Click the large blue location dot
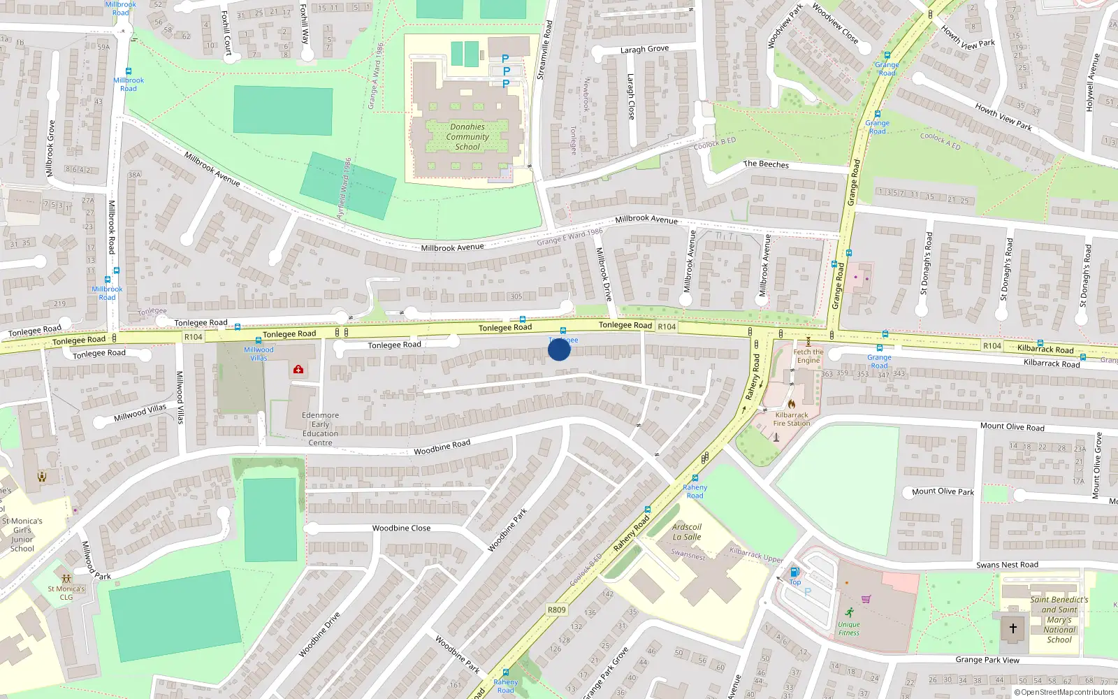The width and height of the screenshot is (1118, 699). (x=559, y=349)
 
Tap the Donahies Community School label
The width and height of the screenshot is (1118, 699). (x=467, y=137)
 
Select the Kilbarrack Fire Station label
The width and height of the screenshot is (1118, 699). (x=792, y=419)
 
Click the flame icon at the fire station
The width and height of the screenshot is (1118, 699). (x=791, y=404)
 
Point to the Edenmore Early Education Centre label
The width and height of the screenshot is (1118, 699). (x=320, y=428)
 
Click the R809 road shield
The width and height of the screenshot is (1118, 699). (x=556, y=610)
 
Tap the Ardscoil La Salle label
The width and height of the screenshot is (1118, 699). (x=687, y=532)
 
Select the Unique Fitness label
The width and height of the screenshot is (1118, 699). (x=849, y=628)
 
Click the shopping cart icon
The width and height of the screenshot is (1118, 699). (x=866, y=599)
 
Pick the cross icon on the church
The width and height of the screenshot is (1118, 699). (x=1012, y=628)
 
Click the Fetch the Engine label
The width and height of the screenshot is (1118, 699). (x=808, y=356)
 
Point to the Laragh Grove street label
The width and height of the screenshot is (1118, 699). (x=644, y=50)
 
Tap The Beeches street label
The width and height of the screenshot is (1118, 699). (x=766, y=164)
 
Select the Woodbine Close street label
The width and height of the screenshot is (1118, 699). (x=401, y=528)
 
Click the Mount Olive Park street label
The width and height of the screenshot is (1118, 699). (x=943, y=491)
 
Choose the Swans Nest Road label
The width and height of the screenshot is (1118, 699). (x=1007, y=565)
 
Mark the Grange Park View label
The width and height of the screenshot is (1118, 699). (x=987, y=660)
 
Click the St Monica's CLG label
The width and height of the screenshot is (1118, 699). (x=66, y=593)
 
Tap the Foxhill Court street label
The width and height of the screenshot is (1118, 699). (x=226, y=32)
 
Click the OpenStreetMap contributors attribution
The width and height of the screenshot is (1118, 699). (x=1064, y=693)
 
